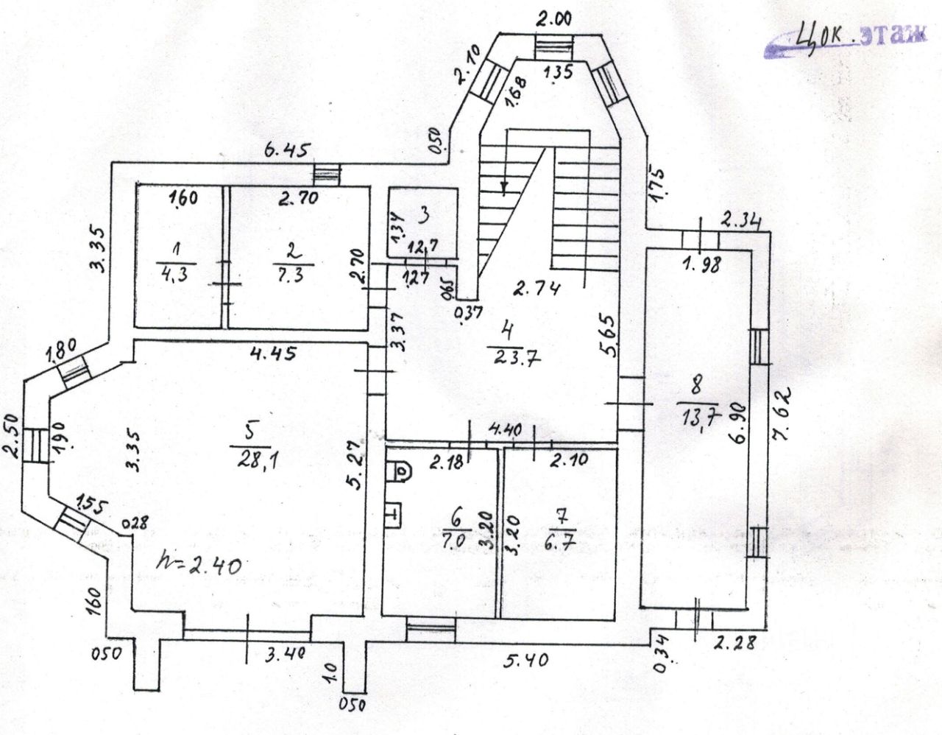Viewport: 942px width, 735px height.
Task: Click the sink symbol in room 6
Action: [x=394, y=512]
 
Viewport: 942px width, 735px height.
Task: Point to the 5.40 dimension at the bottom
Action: [x=525, y=660]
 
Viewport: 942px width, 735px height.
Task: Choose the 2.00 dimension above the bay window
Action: [x=553, y=21]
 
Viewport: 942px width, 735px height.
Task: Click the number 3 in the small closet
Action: [x=424, y=215]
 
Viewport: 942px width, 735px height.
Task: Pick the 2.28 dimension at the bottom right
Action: [x=735, y=642]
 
